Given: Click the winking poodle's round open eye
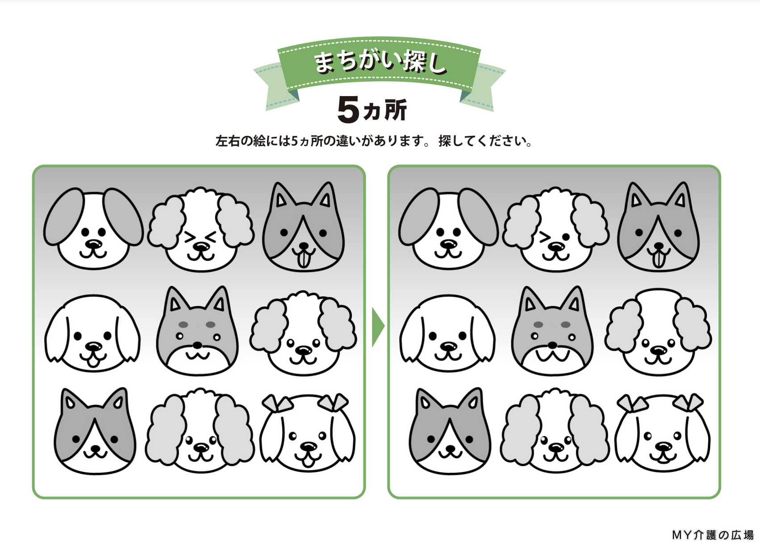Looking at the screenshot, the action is pos(566,236).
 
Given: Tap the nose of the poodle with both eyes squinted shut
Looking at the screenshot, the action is pos(201,245).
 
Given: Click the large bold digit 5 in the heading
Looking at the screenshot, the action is pos(348,109).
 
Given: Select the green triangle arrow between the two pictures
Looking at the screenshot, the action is pos(378,327).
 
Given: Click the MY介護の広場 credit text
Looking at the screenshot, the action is pos(713,534).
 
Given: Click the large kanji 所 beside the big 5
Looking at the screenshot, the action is pos(395,109).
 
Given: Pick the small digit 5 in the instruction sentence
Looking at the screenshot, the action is pos(295,141).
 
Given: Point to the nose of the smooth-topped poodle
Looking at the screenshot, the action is pos(659,350).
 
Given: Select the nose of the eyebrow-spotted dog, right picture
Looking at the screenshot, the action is pos(552,345).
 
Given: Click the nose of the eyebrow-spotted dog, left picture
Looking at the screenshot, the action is pos(197,345).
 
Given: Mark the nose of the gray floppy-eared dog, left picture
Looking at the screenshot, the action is pos(93,244).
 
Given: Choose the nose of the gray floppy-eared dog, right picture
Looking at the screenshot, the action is pos(448,244).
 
